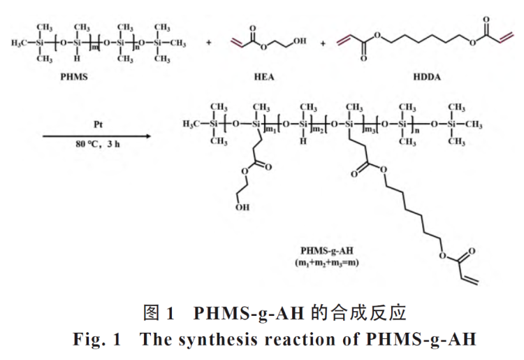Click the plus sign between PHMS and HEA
point(208,43)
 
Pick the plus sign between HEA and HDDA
point(323,43)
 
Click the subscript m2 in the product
point(319,129)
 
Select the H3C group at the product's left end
point(191,124)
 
